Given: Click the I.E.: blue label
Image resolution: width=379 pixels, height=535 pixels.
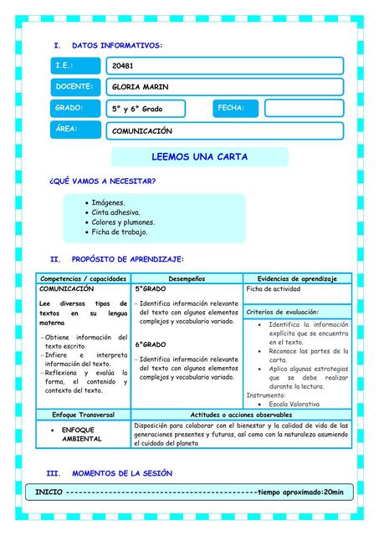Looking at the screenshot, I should [x=75, y=65].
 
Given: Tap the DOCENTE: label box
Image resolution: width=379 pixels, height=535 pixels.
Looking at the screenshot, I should [x=75, y=86].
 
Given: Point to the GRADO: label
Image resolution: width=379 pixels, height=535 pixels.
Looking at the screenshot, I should [x=75, y=108].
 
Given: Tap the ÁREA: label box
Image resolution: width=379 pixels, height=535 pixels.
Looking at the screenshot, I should [x=75, y=129].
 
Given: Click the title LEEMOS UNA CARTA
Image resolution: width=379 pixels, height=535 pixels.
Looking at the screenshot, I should [x=200, y=157].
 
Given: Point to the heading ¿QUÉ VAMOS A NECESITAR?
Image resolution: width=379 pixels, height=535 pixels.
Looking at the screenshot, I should [x=103, y=181].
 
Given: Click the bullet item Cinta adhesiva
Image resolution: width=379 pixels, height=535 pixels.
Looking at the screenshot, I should [x=116, y=212].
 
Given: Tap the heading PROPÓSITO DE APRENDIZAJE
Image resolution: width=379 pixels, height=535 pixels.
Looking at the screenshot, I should [x=128, y=260].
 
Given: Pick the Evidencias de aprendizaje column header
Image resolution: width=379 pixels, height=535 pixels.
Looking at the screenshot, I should [x=297, y=278].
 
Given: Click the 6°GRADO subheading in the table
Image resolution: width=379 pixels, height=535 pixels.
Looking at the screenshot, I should [x=151, y=344].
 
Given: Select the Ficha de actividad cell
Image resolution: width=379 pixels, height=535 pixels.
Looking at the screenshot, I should [x=274, y=289].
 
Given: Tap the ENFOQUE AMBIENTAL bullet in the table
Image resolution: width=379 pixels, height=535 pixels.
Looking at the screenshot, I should [x=82, y=434].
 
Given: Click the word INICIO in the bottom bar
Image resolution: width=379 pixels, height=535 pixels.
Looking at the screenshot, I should [x=48, y=492].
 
